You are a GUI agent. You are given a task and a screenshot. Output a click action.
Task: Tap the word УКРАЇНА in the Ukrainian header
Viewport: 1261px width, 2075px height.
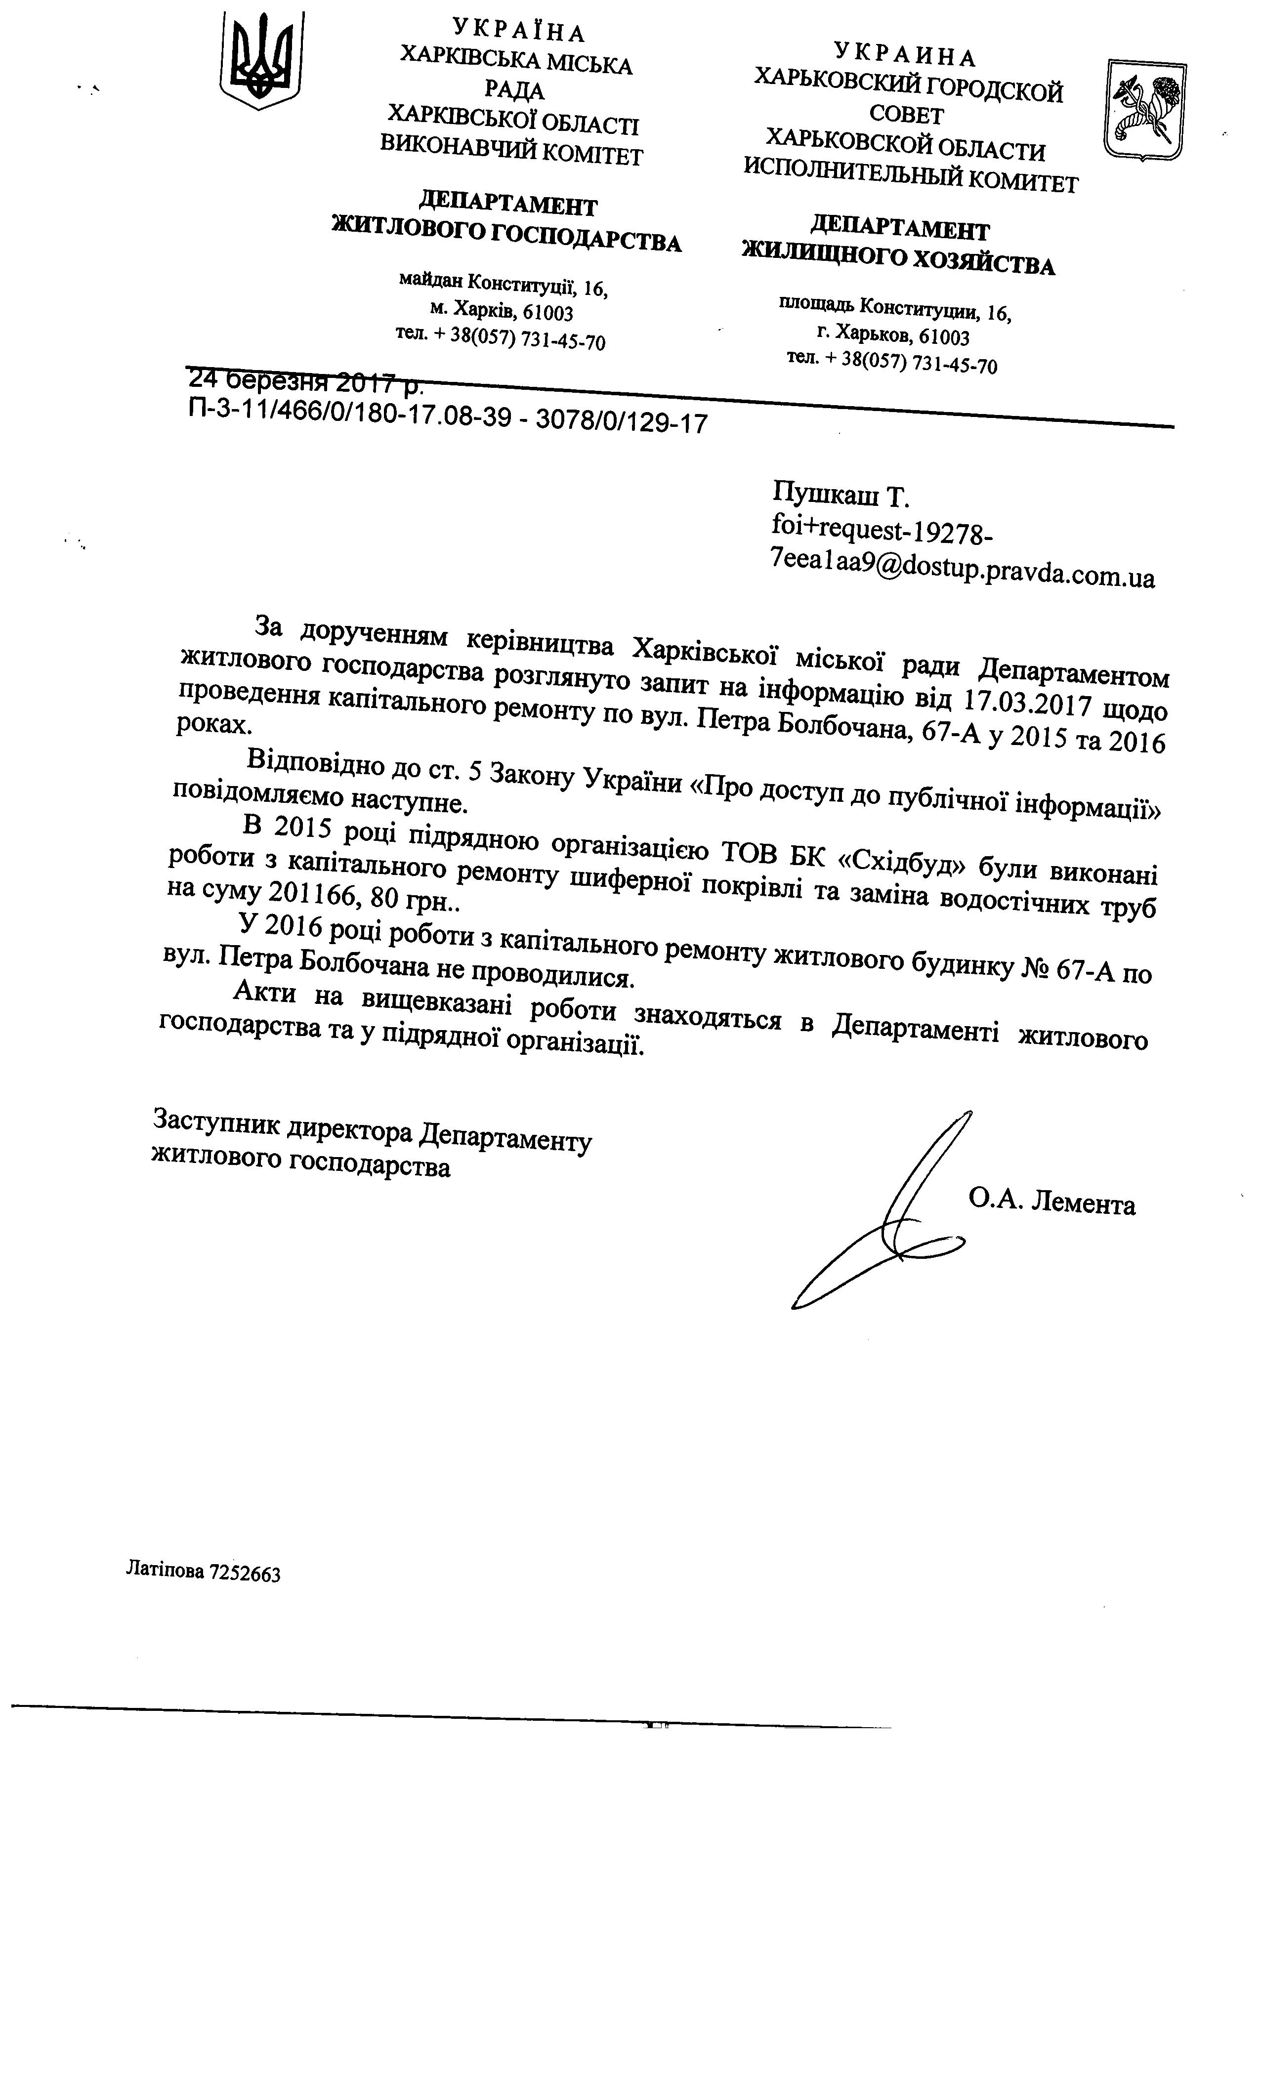pyautogui.click(x=518, y=31)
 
